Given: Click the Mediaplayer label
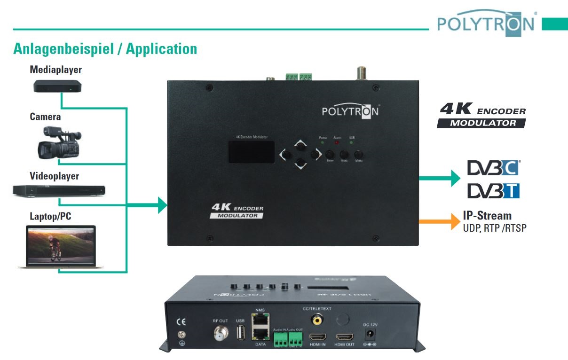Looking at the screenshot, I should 55,70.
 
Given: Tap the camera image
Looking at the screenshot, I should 59,141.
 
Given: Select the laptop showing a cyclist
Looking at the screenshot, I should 61,247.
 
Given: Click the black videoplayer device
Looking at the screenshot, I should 59,190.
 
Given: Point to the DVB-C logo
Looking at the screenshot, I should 493,168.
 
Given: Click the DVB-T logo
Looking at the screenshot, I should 493,190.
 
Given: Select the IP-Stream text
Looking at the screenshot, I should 487,216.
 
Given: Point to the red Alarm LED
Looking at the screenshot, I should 337,141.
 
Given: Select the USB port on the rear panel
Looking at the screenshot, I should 240,332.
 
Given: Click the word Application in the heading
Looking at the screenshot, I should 161,48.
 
